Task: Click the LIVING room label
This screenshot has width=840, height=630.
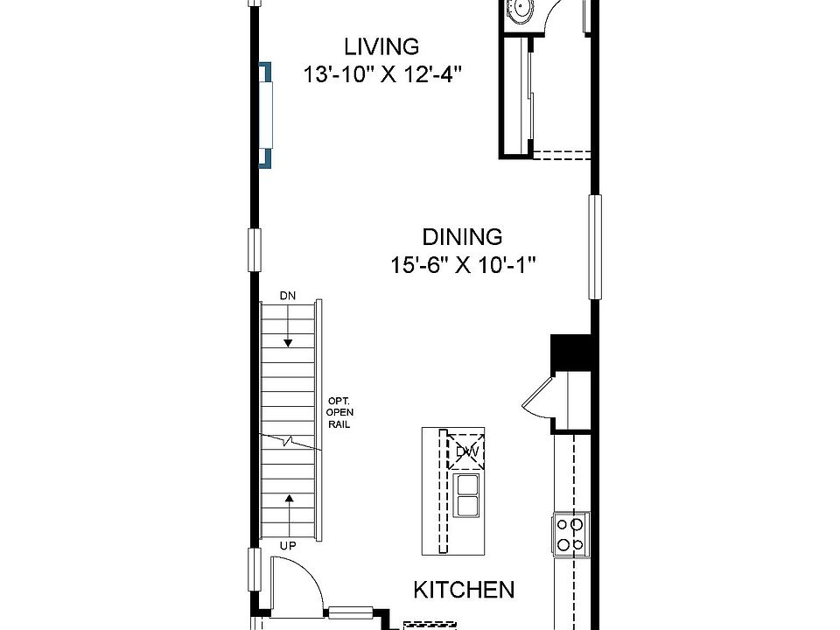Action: (x=381, y=45)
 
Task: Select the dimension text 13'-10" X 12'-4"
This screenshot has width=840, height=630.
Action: (x=381, y=74)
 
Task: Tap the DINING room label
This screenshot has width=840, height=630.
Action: (x=462, y=236)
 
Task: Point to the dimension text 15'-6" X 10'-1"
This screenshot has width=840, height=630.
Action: (x=462, y=264)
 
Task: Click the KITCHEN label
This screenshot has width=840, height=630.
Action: (x=463, y=589)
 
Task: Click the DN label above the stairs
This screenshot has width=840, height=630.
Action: (x=288, y=296)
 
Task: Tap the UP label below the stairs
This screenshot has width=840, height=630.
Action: (x=288, y=546)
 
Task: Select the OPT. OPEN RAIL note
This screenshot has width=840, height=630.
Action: (x=339, y=412)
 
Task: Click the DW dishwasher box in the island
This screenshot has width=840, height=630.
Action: (x=465, y=451)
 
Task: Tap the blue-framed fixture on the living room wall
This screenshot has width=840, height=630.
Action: (x=265, y=115)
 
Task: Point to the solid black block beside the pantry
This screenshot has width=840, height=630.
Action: (x=572, y=352)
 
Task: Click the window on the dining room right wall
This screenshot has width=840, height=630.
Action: (x=595, y=246)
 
